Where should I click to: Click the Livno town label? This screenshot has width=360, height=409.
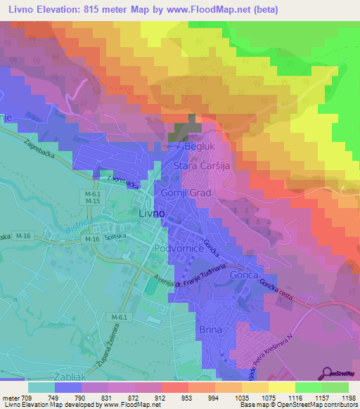[150, 213]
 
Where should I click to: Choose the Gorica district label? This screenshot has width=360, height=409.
[245, 275]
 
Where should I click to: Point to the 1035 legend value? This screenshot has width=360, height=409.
[225, 397]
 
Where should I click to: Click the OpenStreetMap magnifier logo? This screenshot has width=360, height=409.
[326, 371]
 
